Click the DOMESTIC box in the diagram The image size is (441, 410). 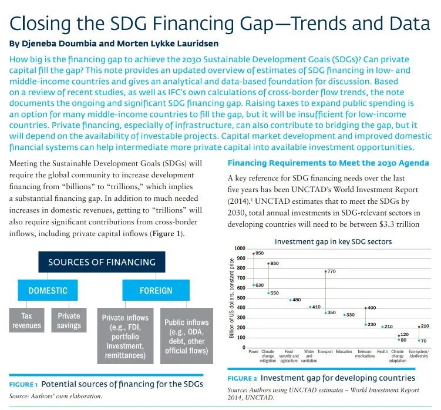point(48,290)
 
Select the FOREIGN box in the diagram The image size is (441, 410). point(156,290)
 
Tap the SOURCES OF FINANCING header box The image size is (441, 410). point(102,262)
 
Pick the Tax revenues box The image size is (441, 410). point(27,321)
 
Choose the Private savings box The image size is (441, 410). point(69,321)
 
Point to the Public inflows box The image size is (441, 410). point(186,335)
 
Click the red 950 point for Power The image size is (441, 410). point(254,253)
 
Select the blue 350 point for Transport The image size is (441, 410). point(325,312)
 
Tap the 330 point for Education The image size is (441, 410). point(344,315)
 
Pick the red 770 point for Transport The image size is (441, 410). point(325,271)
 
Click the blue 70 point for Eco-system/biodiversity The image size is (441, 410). point(419,340)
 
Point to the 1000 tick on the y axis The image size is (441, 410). point(239,248)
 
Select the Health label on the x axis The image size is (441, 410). point(382,352)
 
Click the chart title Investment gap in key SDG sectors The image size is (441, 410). point(333,241)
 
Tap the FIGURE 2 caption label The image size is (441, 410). point(242,378)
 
